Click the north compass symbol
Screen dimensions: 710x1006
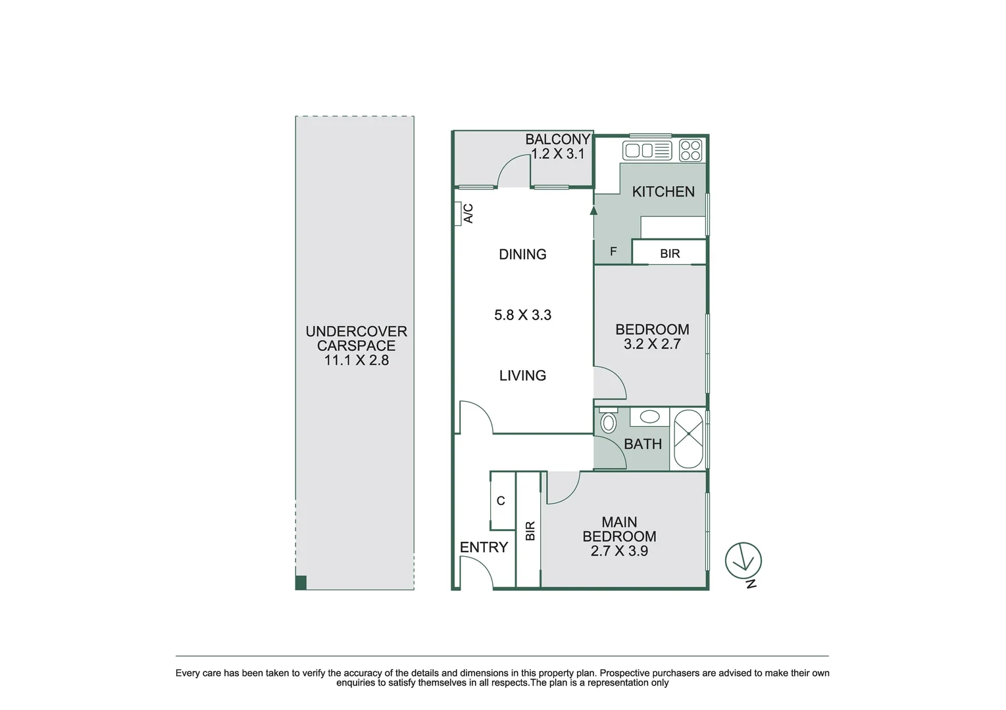[743, 561]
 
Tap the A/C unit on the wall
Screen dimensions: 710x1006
[458, 214]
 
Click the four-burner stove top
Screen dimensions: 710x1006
[690, 151]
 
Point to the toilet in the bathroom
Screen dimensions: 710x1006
[609, 421]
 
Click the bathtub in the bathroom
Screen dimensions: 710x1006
[688, 438]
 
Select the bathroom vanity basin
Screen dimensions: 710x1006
[650, 417]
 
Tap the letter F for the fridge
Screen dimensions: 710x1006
[613, 252]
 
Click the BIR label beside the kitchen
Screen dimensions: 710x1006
[670, 254]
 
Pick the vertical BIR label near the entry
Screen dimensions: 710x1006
[530, 531]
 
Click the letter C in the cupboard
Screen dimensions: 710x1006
[501, 501]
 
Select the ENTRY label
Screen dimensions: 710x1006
[484, 547]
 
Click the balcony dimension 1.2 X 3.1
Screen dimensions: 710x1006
[558, 154]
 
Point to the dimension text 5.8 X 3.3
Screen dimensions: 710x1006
[522, 315]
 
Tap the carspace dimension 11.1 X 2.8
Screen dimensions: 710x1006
[356, 360]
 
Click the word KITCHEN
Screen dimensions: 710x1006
[663, 192]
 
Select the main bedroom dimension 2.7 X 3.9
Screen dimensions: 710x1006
[619, 551]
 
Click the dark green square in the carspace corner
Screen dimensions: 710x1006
[301, 582]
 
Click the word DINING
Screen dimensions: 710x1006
[522, 254]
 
